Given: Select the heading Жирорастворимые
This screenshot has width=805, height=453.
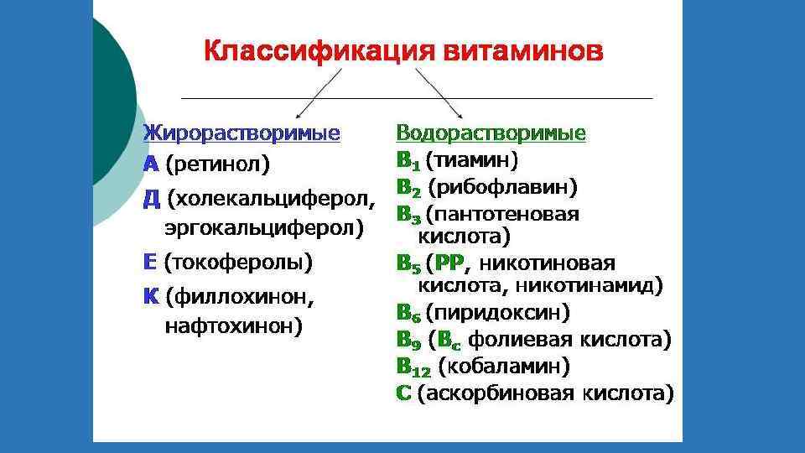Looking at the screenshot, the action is click(x=241, y=133).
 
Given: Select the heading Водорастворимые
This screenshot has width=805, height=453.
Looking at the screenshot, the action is click(x=491, y=133).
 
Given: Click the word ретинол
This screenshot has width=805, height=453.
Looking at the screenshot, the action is click(x=217, y=164).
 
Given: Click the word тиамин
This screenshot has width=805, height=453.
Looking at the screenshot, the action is click(x=472, y=159).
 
